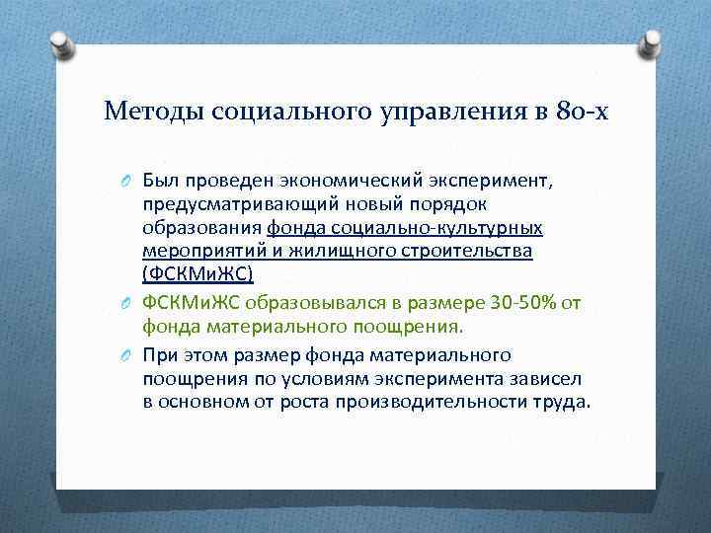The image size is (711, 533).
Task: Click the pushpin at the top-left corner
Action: click(60, 45)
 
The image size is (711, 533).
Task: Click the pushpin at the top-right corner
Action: click(650, 45)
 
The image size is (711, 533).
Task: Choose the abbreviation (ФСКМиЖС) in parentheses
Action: click(197, 275)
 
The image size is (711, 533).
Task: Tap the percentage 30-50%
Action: click(525, 300)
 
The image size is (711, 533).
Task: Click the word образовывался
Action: click(322, 300)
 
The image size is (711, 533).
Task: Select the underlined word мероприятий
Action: click(194, 252)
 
